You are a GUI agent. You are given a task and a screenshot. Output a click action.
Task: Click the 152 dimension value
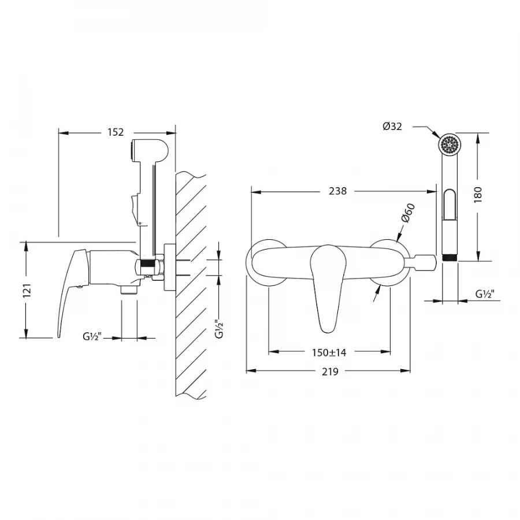[x=116, y=132]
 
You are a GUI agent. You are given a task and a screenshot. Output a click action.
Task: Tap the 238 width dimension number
[x=337, y=191]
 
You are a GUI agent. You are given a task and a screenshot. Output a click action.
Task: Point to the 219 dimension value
[x=330, y=372]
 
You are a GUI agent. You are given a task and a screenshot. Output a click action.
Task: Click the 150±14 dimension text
[x=329, y=352]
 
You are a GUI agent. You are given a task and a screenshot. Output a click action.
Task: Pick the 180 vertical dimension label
[x=478, y=195]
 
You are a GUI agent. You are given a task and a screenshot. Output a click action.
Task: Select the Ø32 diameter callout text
[x=392, y=127]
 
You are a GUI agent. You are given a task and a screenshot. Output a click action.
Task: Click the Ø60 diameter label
[x=408, y=213]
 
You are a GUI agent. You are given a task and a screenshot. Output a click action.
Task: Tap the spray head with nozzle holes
[x=450, y=144]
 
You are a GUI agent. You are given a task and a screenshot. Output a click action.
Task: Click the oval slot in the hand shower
[x=450, y=205]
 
